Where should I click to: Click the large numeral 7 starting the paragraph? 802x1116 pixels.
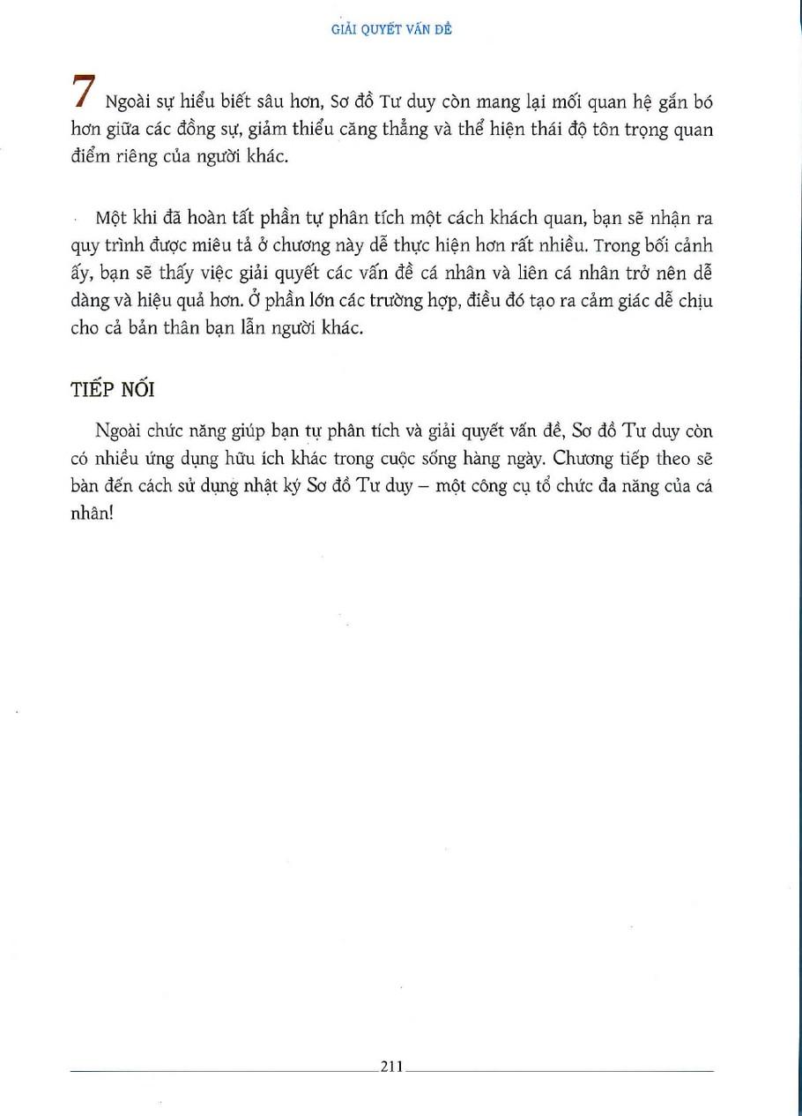pos(84,94)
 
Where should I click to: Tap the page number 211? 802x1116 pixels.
pos(391,1067)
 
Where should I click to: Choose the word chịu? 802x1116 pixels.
pos(696,302)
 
